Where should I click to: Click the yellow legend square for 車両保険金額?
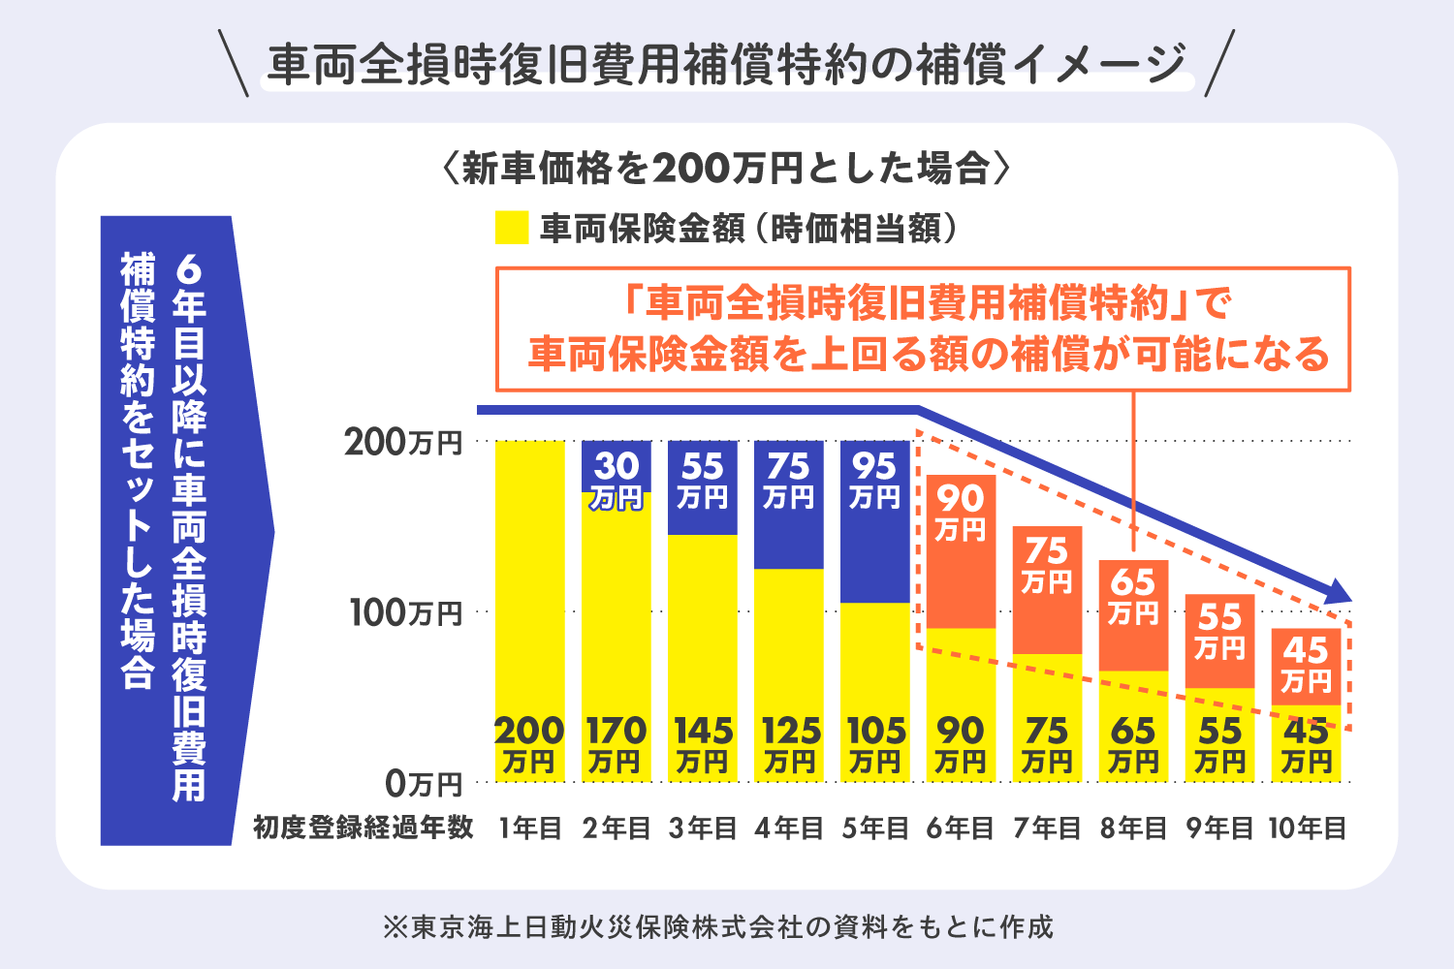(512, 228)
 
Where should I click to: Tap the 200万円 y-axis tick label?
(403, 443)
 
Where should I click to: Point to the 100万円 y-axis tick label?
(406, 612)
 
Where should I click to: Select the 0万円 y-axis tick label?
(423, 782)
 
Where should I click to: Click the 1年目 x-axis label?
(530, 828)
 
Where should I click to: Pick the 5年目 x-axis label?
(875, 828)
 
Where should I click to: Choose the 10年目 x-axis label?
(1307, 828)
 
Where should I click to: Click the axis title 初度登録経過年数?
(363, 828)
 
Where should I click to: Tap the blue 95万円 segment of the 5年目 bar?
(875, 521)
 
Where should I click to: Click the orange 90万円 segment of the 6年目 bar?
(961, 550)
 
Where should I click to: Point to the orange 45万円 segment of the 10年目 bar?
(1306, 666)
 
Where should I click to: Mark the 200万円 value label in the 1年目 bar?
(529, 744)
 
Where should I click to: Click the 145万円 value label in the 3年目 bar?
(703, 744)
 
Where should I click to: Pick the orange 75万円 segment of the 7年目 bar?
(1047, 589)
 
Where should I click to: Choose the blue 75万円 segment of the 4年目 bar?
(789, 504)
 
